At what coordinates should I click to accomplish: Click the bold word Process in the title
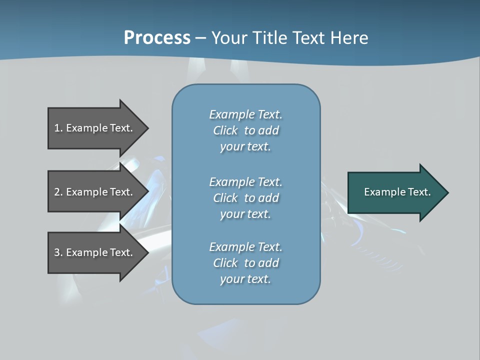click(157, 38)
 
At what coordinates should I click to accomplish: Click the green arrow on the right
click(395, 192)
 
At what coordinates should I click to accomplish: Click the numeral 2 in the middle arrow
click(57, 192)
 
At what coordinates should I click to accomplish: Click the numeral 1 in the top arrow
click(57, 128)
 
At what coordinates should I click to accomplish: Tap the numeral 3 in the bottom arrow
click(57, 252)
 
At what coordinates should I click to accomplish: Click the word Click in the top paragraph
click(225, 130)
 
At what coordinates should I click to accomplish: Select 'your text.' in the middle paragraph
click(245, 214)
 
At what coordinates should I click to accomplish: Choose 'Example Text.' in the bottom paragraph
click(245, 247)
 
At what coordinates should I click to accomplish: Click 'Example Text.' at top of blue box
click(245, 114)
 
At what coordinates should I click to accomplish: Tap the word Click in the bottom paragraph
click(225, 263)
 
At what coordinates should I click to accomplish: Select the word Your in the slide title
click(228, 38)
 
